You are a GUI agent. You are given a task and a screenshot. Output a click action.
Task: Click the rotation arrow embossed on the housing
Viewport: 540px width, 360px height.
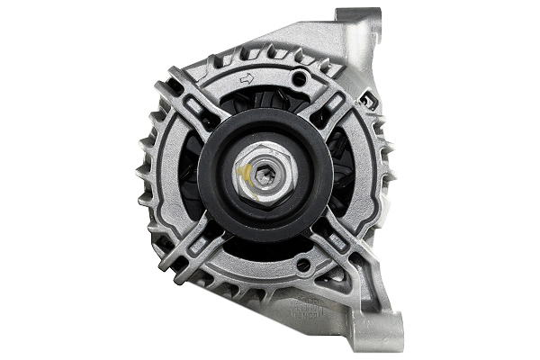[x=246, y=79]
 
